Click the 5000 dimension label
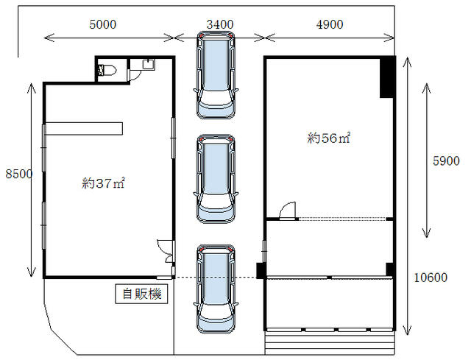(103, 24)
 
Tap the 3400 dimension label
(220, 24)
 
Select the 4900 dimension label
(330, 24)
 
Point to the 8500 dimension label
(19, 174)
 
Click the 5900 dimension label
(446, 161)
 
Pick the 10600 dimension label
(431, 278)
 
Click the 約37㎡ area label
(103, 183)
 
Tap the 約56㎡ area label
(329, 138)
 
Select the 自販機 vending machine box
(141, 294)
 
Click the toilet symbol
(107, 70)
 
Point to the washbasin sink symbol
(149, 65)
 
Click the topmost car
(216, 75)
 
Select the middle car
(216, 179)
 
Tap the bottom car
(216, 289)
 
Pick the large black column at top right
(387, 77)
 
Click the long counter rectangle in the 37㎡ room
(84, 129)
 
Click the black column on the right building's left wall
(261, 270)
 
